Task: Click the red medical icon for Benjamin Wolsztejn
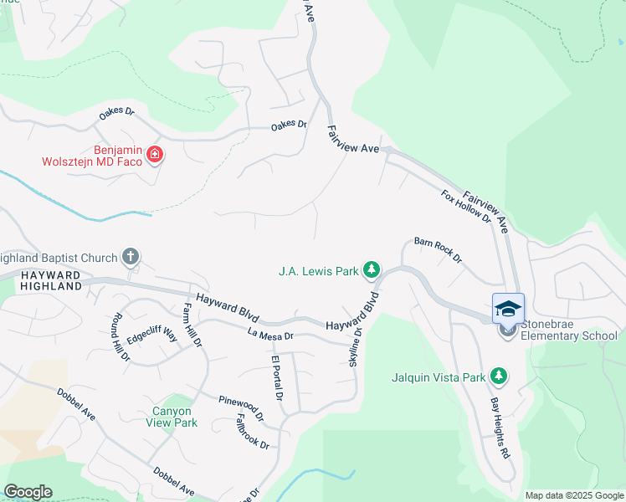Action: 154,154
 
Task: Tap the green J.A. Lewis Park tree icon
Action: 372,270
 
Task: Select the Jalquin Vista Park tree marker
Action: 499,376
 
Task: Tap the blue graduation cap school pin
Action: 508,309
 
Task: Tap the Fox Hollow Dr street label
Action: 466,206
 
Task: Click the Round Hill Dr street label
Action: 117,336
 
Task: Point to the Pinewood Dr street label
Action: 241,407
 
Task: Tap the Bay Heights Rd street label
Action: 500,428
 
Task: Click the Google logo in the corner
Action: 28,492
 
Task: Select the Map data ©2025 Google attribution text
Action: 574,495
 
